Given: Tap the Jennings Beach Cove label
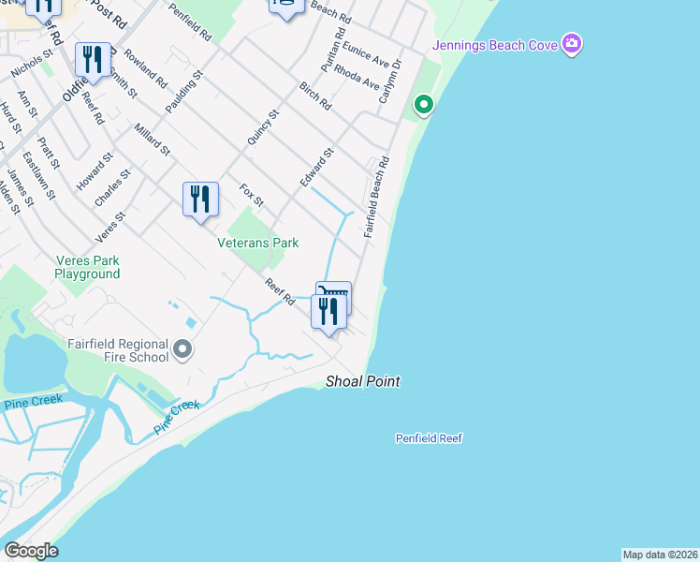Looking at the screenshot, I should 494,46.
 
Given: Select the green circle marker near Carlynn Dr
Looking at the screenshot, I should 423,104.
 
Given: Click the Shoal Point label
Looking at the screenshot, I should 363,381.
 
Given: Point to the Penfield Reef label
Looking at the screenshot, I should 429,438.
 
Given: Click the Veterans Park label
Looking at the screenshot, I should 257,243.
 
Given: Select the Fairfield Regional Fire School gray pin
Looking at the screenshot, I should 182,350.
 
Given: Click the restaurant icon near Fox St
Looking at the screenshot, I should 200,200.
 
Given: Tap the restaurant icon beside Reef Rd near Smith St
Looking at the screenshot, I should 92,61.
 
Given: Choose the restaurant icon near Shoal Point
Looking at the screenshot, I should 328,311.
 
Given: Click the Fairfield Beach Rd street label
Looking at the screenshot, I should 377,197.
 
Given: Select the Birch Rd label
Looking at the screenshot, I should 315,96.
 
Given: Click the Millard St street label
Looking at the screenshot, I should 152,140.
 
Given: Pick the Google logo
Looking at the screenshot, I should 31,551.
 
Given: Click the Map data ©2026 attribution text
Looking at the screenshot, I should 660,555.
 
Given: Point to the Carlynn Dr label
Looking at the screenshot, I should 389,81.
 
